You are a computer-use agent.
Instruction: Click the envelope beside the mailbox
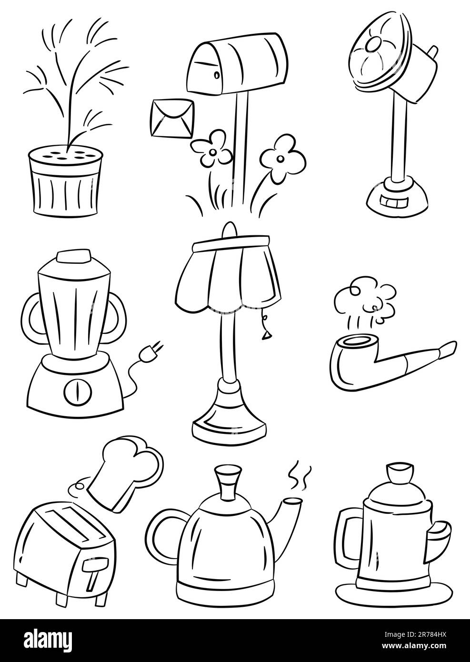coord(172,118)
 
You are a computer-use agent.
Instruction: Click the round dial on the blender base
coord(78,390)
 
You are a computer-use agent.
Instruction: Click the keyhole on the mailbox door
coord(217,75)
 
